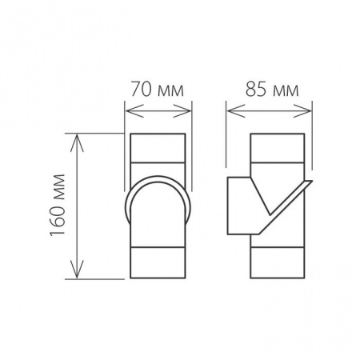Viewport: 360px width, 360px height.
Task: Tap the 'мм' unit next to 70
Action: (x=170, y=91)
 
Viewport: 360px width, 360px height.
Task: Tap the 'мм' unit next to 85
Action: (x=286, y=91)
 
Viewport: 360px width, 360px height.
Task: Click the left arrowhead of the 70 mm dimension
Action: (x=134, y=110)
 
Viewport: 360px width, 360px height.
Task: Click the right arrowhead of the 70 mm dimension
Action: (x=182, y=110)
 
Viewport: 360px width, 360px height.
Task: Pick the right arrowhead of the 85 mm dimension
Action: (x=302, y=110)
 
